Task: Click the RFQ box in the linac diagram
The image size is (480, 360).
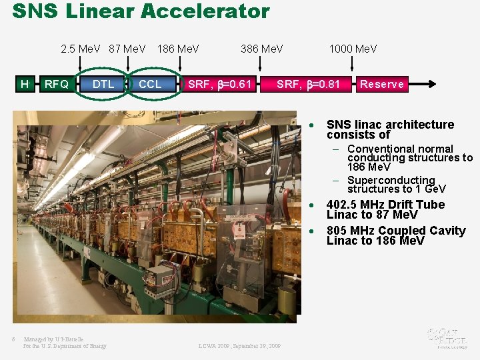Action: click(x=56, y=84)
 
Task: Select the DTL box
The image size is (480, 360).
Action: click(x=103, y=84)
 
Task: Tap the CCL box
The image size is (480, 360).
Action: click(x=150, y=84)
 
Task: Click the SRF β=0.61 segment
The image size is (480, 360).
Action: click(x=219, y=84)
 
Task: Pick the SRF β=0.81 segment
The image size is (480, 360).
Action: click(x=308, y=84)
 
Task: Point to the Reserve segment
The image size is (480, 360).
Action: click(x=381, y=84)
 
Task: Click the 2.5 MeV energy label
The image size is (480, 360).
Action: click(x=79, y=49)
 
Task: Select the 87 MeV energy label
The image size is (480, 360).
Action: click(x=127, y=49)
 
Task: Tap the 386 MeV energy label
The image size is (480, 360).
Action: click(x=261, y=49)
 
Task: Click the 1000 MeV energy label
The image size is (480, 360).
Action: click(x=353, y=49)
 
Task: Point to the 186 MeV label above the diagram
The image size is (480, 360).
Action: click(x=178, y=49)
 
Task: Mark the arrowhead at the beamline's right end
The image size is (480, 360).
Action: click(x=433, y=84)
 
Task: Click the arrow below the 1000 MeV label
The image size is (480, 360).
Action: click(x=353, y=64)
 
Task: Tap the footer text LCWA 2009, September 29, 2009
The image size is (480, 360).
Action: click(x=239, y=346)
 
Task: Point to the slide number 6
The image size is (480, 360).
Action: click(x=13, y=338)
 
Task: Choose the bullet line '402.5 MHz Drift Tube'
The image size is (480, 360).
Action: click(x=385, y=205)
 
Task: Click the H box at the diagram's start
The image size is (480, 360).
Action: click(x=25, y=84)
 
